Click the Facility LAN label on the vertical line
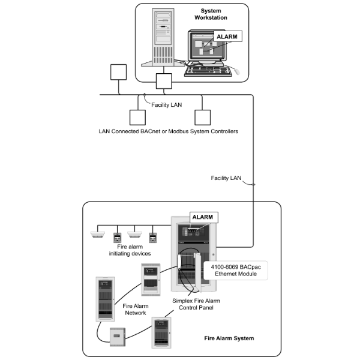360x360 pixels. (x=227, y=178)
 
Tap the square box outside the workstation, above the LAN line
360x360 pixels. (x=119, y=73)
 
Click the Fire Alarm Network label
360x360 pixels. (x=136, y=308)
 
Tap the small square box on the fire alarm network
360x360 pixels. (x=117, y=337)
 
